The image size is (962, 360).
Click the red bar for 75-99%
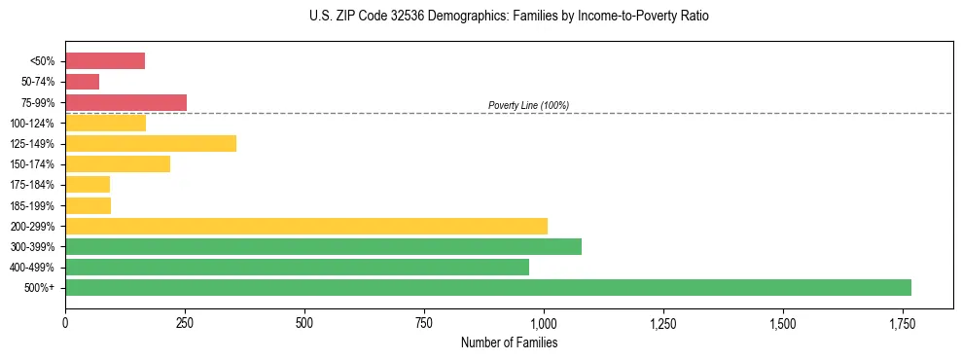coord(125,102)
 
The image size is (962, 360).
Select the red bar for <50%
coord(105,61)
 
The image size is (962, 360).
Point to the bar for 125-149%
coord(151,144)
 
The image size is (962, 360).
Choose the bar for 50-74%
coord(82,82)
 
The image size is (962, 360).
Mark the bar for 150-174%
coord(118,164)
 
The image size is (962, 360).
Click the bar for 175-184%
coord(88,185)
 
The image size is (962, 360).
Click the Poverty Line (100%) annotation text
coord(528,105)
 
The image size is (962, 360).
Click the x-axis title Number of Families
coord(509,342)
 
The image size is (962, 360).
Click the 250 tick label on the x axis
coord(185,323)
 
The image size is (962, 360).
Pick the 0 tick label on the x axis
coord(65,323)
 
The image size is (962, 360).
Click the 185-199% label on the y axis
coord(32,205)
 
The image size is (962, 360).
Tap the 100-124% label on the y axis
coord(32,124)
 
